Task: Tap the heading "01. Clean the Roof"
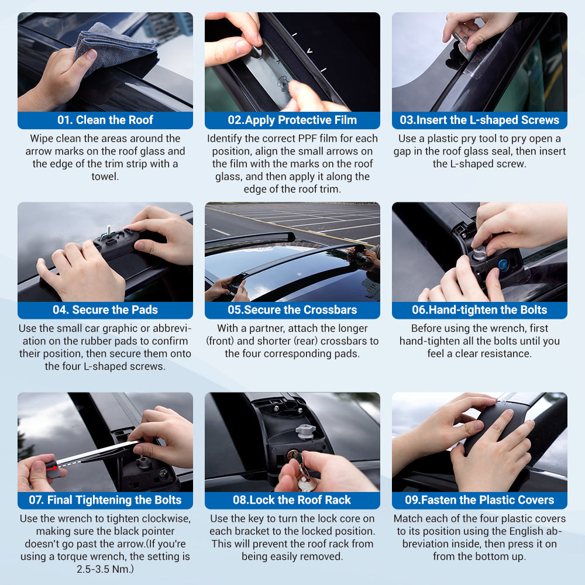pyautogui.click(x=105, y=120)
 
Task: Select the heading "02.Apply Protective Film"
pyautogui.click(x=292, y=120)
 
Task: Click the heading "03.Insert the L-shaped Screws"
pyautogui.click(x=480, y=120)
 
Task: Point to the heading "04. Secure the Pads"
pyautogui.click(x=105, y=310)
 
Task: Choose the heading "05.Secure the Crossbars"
pyautogui.click(x=292, y=310)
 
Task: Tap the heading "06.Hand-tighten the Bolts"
pyautogui.click(x=480, y=310)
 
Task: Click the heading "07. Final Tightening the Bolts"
pyautogui.click(x=105, y=500)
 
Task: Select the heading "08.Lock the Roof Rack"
pyautogui.click(x=292, y=500)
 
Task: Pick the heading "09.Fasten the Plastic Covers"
pyautogui.click(x=480, y=500)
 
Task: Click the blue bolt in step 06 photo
pyautogui.click(x=503, y=264)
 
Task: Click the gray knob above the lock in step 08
pyautogui.click(x=305, y=432)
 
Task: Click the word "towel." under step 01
pyautogui.click(x=105, y=177)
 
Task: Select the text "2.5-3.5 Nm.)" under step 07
pyautogui.click(x=105, y=569)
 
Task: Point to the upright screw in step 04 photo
pyautogui.click(x=109, y=230)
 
